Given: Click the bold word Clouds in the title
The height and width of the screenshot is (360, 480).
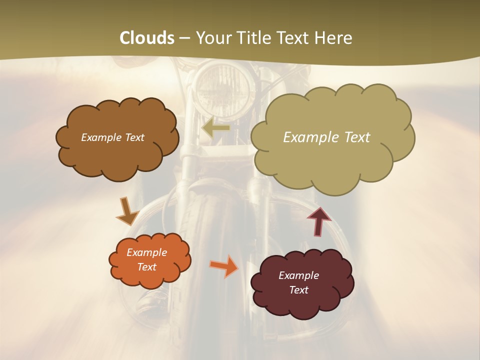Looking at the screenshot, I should tap(147, 38).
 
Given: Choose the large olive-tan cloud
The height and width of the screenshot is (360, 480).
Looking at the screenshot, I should tap(332, 160).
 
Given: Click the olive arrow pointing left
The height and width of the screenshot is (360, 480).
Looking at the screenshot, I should tap(215, 128).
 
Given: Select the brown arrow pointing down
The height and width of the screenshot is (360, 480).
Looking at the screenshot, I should tap(127, 211).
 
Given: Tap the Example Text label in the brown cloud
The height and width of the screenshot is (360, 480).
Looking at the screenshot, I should tap(112, 137).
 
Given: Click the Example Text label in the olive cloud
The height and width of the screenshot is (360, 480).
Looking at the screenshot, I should tap(326, 137).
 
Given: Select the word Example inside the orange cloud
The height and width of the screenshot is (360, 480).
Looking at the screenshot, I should tap(146, 252).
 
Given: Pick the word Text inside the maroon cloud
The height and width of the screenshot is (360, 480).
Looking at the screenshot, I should tap(298, 290).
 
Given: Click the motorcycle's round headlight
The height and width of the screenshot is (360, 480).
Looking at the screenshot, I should tap(223, 90).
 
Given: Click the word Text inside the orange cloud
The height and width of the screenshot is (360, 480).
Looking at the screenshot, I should tap(146, 267).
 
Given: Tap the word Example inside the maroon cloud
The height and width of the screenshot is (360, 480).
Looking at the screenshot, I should tap(298, 275).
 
